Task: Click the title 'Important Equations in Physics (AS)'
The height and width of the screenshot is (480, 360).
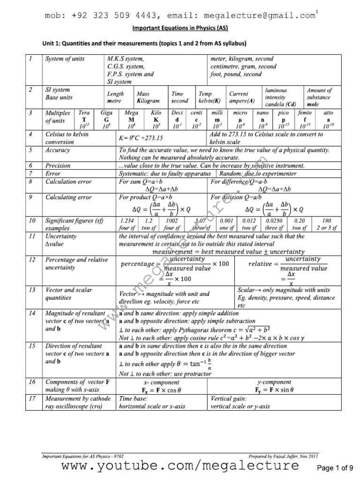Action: click(180, 28)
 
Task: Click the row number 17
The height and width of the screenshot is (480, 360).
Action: click(30, 399)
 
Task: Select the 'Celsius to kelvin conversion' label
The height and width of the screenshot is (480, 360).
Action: click(67, 138)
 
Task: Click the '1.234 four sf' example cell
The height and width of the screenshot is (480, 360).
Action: click(127, 224)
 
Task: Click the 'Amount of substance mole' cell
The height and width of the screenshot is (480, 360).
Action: click(319, 97)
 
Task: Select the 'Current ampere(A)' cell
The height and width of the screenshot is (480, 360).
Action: click(242, 97)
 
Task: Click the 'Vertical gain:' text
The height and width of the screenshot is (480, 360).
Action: click(228, 399)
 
